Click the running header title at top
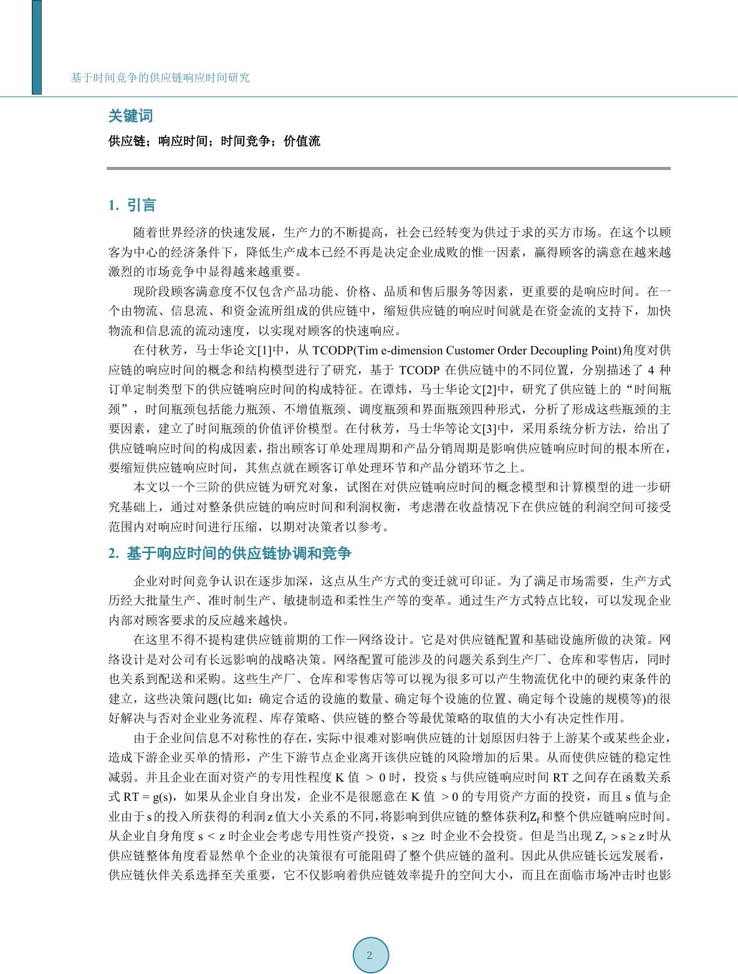(x=160, y=78)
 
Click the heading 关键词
(x=130, y=116)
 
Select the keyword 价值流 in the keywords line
(x=302, y=141)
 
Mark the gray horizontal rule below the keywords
(x=388, y=168)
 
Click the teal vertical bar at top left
(x=37, y=47)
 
